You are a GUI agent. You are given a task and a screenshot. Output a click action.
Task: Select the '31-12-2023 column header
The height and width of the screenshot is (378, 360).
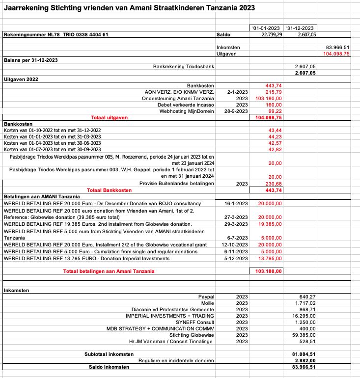coord(301,28)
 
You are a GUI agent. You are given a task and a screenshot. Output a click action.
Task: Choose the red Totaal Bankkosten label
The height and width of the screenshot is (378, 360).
coord(109,190)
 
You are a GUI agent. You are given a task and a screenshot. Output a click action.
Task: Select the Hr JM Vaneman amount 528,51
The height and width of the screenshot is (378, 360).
coord(307,341)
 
